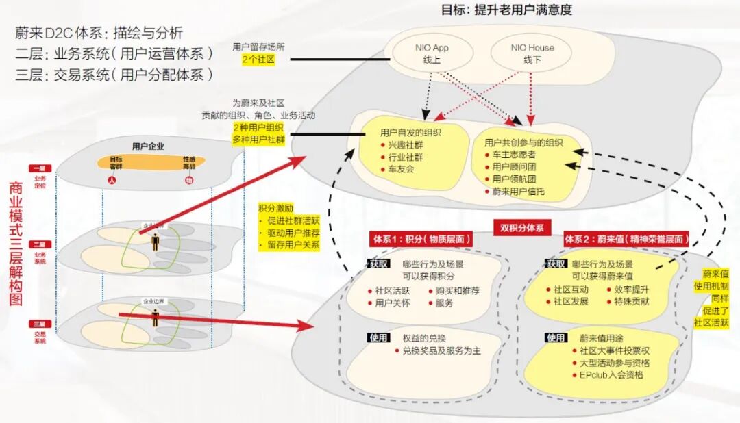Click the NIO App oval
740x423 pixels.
click(432, 54)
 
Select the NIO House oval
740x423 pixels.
click(532, 54)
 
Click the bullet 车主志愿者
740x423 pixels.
click(514, 155)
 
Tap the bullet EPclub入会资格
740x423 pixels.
click(610, 375)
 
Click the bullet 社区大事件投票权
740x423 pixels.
click(614, 350)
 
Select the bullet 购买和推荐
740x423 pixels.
click(457, 290)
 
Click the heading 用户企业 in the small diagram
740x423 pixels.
click(148, 146)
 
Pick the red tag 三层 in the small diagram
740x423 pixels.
click(38, 323)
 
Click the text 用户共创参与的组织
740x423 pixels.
click(523, 142)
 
